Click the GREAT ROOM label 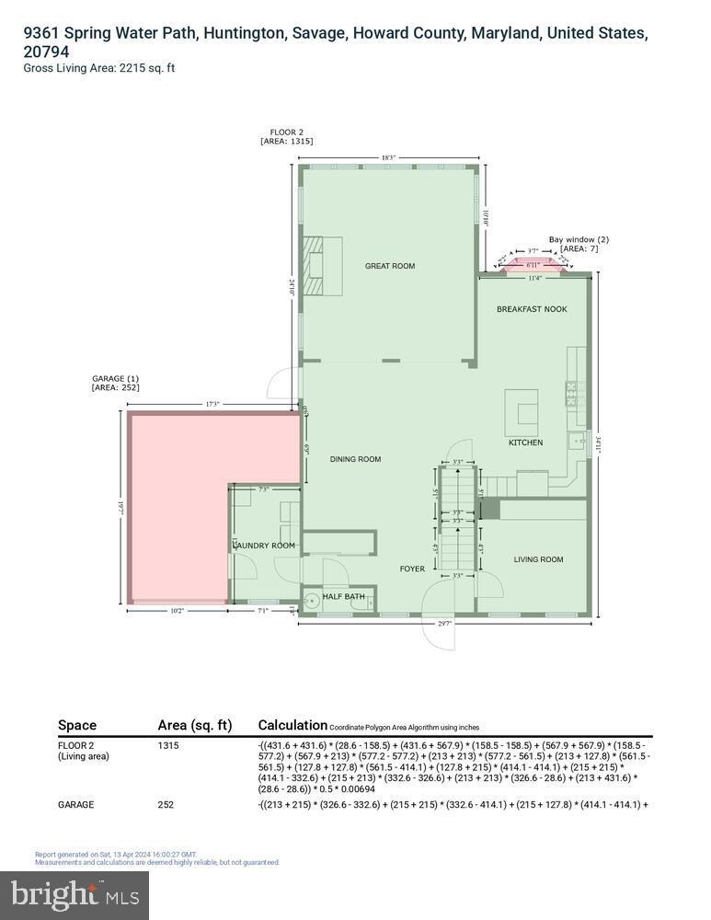[389, 266]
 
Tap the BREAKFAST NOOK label [532, 309]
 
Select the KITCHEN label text [525, 443]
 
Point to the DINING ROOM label [355, 459]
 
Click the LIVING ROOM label [538, 559]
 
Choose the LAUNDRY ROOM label [264, 546]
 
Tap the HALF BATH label [343, 596]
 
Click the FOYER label [412, 569]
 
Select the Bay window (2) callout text [579, 239]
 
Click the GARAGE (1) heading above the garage [115, 379]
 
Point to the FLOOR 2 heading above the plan [286, 132]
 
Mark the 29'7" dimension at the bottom [446, 623]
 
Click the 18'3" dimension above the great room [389, 158]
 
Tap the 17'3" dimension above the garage [212, 404]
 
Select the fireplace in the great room [323, 266]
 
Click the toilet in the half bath [310, 603]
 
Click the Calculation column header [292, 725]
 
